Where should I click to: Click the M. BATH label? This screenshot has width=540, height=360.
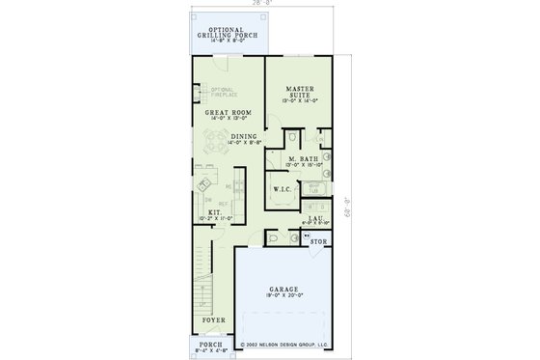click(304, 158)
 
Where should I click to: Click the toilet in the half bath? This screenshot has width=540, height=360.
click(273, 235)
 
